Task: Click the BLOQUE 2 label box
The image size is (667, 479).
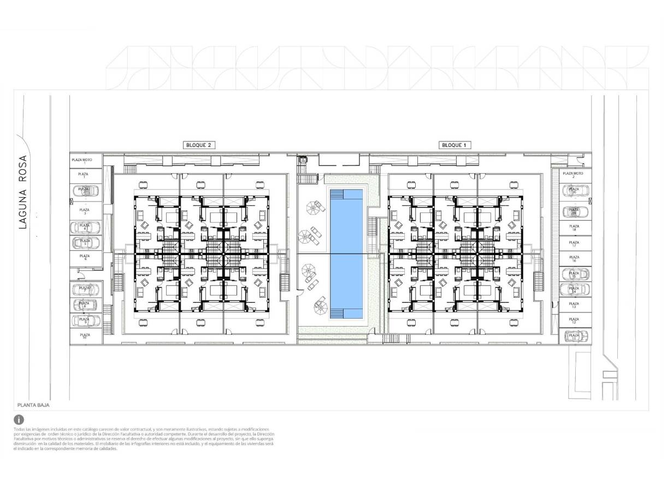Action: click(x=198, y=145)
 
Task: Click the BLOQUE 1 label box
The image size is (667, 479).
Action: click(x=455, y=145)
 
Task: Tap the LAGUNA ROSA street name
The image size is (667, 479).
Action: click(x=23, y=192)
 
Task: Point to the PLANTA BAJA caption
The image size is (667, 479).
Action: click(x=33, y=406)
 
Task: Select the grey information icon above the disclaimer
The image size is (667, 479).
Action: click(x=19, y=419)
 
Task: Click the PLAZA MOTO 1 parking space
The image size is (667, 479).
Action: click(x=85, y=161)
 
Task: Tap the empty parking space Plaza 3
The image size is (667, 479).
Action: click(x=85, y=210)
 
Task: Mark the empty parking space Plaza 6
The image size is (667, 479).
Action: click(x=85, y=257)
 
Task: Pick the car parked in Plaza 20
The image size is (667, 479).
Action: click(x=575, y=192)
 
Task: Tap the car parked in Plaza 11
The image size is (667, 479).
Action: click(x=575, y=336)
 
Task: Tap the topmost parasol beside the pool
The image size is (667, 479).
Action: click(x=315, y=207)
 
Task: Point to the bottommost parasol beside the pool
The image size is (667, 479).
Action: click(x=320, y=306)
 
